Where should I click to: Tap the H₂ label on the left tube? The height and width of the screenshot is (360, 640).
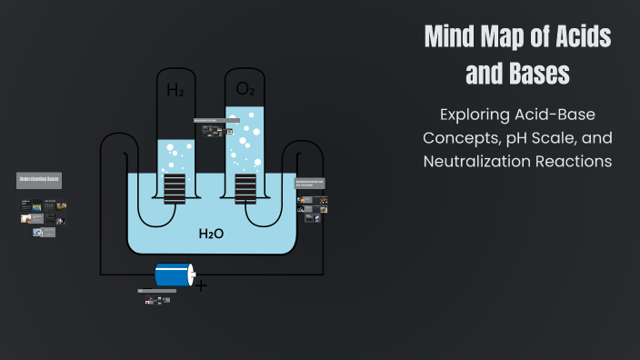point(175,90)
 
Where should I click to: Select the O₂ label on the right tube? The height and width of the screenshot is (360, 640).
point(245,88)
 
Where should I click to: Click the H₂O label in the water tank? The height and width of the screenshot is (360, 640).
point(211,234)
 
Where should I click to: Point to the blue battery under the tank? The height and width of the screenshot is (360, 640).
point(173,275)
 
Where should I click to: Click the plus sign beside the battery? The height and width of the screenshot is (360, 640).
point(201,286)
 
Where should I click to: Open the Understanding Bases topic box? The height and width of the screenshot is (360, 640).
point(40,179)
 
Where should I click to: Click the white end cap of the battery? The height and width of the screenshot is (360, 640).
point(191,275)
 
